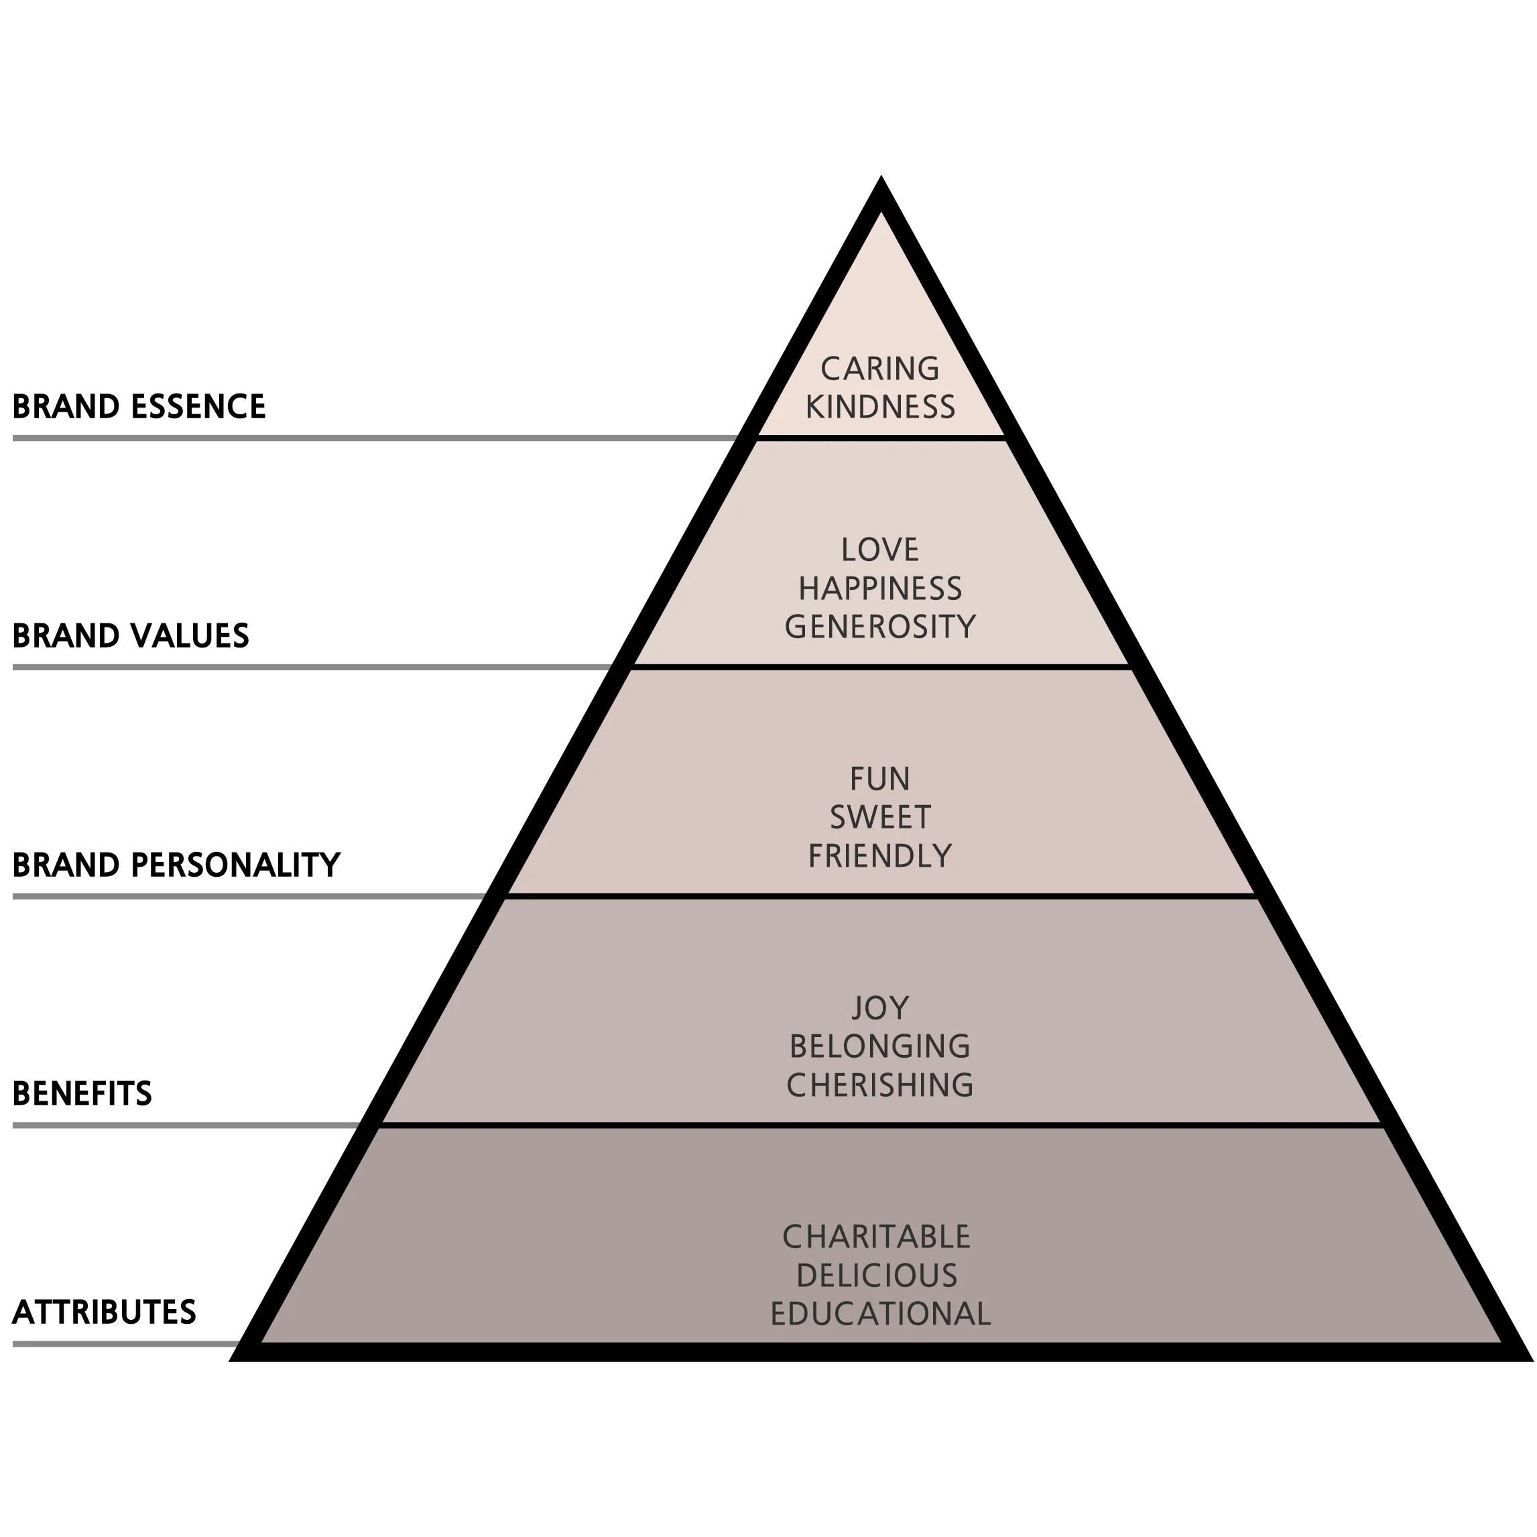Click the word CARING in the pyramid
pos(880,369)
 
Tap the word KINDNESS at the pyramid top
pos(880,408)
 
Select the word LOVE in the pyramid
pos(880,550)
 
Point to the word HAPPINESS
pos(880,589)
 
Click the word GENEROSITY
pos(880,627)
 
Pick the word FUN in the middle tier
pos(880,779)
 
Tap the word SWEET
pos(880,817)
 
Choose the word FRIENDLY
pos(880,856)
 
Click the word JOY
pos(880,1008)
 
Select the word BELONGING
pos(880,1046)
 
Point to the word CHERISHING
pos(880,1085)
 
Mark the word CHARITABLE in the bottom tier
pos(877,1237)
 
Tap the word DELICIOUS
pos(877,1276)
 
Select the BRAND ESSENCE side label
pos(139,406)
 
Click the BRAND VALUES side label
pos(131,635)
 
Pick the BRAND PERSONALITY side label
pos(176,865)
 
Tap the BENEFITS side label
pos(82,1094)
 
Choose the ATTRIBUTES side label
pos(104,1312)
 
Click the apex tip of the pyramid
pos(881,182)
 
